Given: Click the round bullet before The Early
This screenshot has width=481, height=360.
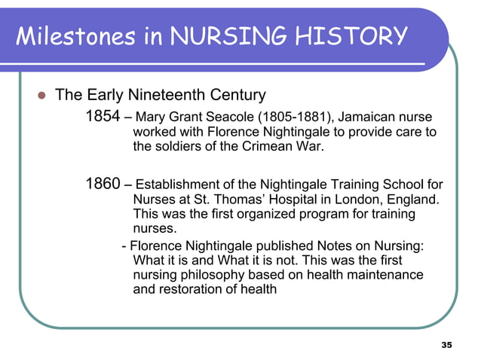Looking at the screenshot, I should [42, 96].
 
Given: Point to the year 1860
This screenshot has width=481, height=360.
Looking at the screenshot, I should [104, 185].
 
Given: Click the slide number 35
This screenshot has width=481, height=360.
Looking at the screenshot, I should [446, 344].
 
